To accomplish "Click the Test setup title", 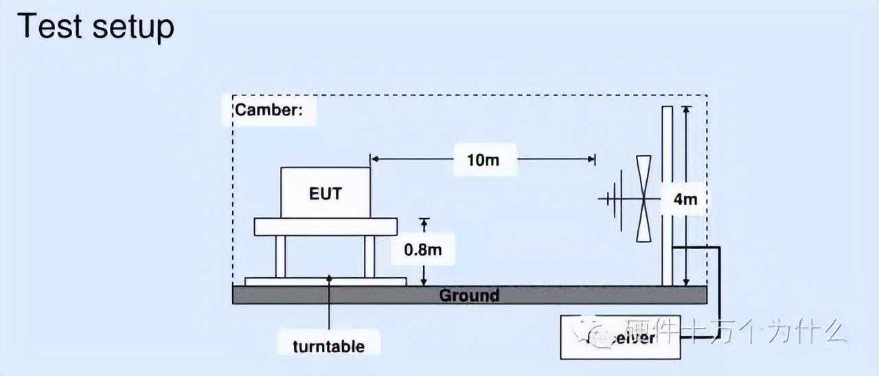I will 95,27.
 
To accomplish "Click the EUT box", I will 326,193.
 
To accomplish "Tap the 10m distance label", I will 483,160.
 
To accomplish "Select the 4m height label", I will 685,200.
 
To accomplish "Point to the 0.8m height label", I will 422,249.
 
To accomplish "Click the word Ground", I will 469,296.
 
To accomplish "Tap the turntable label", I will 329,346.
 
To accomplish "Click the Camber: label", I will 269,110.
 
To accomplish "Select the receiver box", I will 621,337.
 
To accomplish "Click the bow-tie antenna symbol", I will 643,199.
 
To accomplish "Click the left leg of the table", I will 280,256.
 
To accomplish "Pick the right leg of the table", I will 369,256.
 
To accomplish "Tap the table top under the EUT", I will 326,226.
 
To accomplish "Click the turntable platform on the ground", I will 326,281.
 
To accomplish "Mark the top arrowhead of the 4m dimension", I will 685,109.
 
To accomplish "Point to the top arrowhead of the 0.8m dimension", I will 424,222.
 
